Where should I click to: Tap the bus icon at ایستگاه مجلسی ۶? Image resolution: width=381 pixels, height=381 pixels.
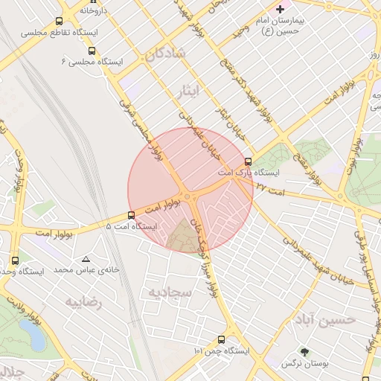92,51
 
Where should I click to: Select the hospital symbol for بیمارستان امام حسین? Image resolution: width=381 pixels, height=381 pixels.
280,10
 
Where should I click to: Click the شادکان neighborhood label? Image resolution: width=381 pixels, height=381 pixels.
164,54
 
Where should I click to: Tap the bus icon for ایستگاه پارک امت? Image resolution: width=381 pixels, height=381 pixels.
248,161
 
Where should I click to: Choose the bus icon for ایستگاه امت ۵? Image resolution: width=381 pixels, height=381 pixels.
132,215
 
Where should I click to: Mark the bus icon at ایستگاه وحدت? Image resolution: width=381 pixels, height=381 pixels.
16,260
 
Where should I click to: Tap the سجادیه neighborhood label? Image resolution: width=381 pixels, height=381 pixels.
170,292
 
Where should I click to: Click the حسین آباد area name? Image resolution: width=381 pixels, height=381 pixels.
324,318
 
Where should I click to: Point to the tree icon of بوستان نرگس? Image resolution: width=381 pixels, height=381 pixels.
304,351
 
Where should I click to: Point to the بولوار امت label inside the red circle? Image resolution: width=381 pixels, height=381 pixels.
168,205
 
